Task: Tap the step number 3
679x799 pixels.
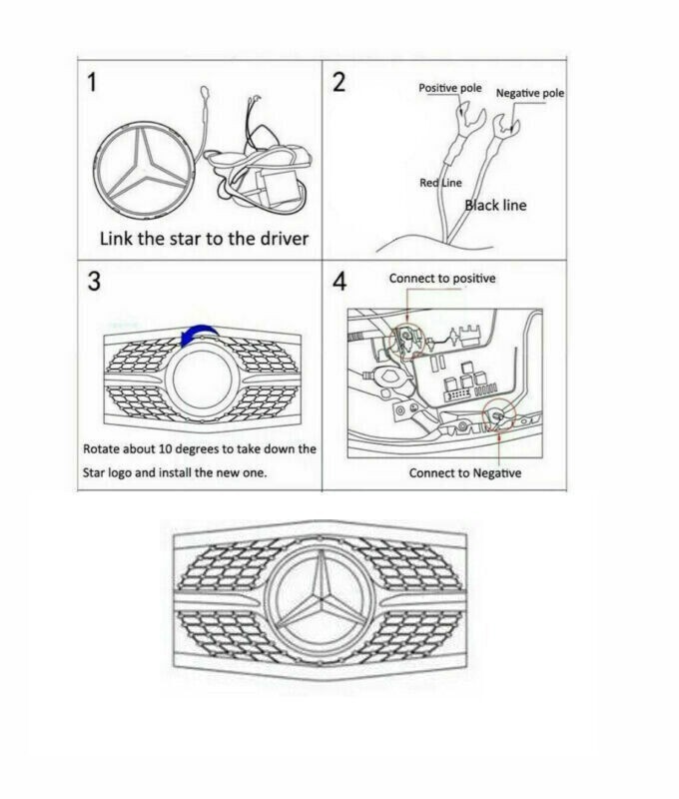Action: (x=94, y=282)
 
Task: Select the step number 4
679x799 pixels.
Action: (x=339, y=283)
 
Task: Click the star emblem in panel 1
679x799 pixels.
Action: (x=147, y=173)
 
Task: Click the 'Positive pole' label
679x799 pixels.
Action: (x=449, y=88)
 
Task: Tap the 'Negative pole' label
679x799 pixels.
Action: (x=530, y=93)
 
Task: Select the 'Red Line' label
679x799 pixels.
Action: (x=439, y=184)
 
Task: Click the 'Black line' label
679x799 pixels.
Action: (x=496, y=205)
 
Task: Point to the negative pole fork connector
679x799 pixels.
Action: (x=507, y=126)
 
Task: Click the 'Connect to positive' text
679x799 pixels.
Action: (x=441, y=278)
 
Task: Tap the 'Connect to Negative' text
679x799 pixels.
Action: (x=464, y=472)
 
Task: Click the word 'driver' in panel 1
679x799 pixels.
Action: (x=271, y=239)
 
